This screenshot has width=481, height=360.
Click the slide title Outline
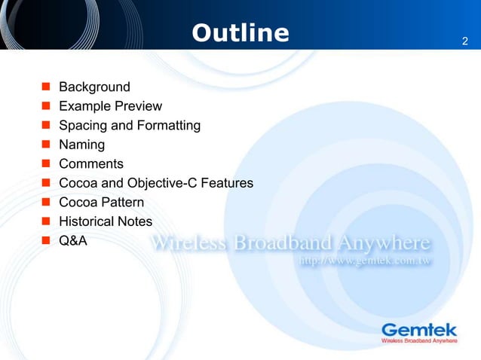240,33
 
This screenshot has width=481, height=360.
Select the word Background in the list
94,87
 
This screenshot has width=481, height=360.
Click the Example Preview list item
110,106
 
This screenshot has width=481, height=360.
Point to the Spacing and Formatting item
130,125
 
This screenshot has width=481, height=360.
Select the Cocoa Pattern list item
101,203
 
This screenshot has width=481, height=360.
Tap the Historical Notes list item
106,221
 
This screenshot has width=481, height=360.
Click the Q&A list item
73,241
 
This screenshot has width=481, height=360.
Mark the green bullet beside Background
46,87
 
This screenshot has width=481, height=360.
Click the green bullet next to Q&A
46,241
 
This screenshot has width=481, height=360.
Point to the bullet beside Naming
46,145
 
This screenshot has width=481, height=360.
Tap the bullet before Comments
46,164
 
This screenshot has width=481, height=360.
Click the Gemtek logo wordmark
419,329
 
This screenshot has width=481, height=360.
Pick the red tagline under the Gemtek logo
419,341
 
